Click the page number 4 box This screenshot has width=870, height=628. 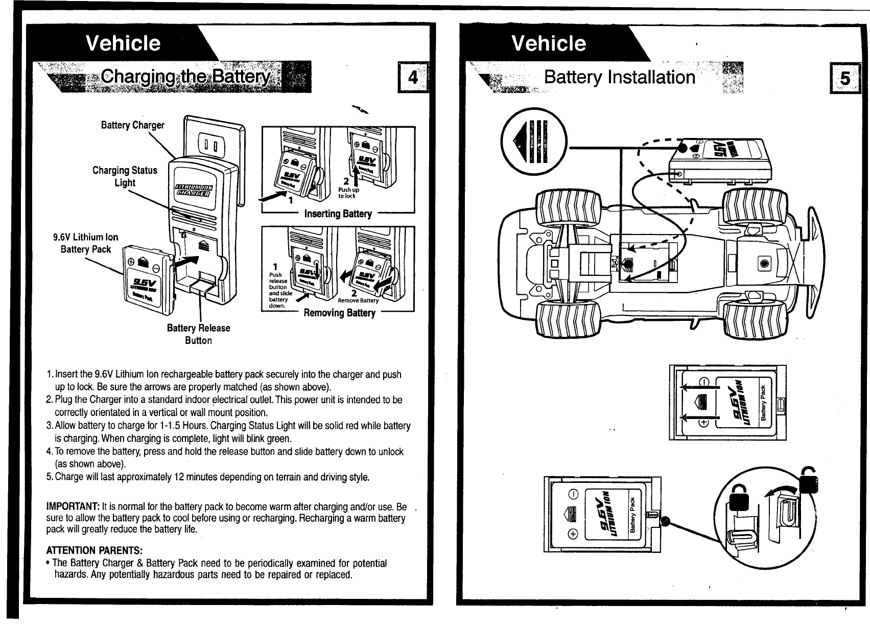(x=413, y=78)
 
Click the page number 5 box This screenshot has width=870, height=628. (x=845, y=78)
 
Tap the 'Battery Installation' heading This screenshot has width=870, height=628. (x=619, y=77)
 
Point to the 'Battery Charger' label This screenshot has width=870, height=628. (x=132, y=125)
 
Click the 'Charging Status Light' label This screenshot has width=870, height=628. (x=125, y=176)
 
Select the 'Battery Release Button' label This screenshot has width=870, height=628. (x=198, y=334)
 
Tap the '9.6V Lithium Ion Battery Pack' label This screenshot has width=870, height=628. (x=86, y=243)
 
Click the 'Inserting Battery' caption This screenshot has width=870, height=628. (x=338, y=214)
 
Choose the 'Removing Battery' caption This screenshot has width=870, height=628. (x=339, y=313)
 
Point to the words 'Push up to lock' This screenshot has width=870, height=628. (x=348, y=193)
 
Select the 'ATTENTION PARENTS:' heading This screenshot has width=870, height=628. (x=94, y=550)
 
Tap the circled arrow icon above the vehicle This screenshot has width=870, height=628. (x=534, y=140)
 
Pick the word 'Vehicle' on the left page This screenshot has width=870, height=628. (x=123, y=43)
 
